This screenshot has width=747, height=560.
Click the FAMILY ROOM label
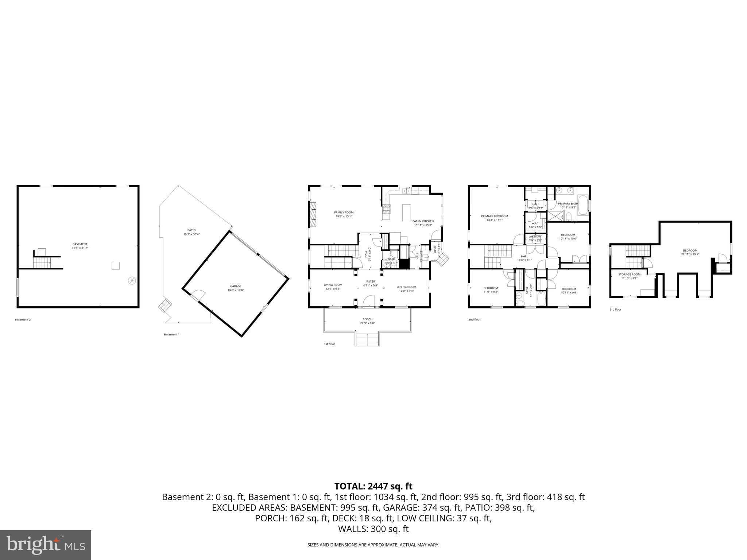344,213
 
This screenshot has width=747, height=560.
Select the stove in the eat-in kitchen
386,209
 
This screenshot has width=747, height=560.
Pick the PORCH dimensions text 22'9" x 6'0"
367,323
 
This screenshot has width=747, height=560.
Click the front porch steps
367,340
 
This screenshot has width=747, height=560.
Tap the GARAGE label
236,286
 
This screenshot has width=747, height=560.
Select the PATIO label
191,230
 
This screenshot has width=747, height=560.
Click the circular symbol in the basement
132,280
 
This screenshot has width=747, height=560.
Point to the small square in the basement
115,266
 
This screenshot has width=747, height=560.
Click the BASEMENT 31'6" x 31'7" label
80,246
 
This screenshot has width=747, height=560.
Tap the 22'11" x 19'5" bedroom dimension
690,254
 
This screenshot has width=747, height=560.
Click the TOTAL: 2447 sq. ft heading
373,486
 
